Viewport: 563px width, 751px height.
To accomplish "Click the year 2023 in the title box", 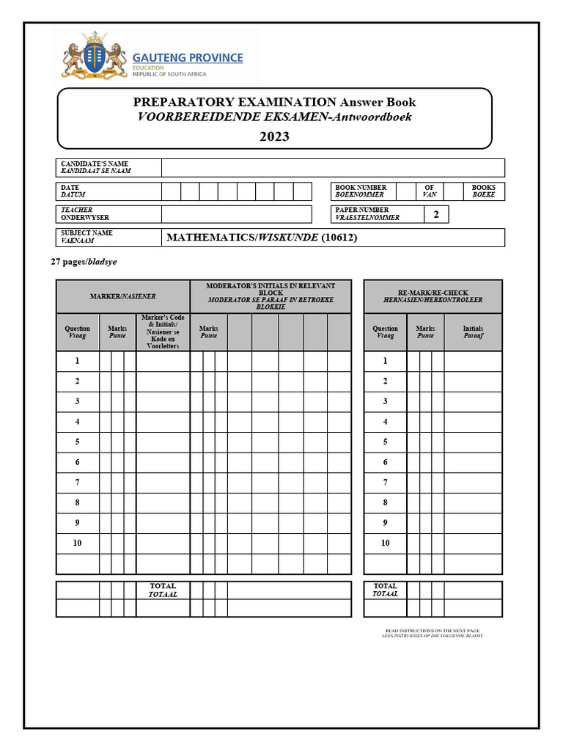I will pos(274,136).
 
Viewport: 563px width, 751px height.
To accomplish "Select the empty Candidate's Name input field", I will pos(333,168).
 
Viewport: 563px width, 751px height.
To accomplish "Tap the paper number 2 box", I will pos(436,214).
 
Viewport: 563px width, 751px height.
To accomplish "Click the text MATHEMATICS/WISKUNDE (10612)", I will pos(262,238).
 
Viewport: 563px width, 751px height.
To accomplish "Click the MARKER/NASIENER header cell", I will pos(122,296).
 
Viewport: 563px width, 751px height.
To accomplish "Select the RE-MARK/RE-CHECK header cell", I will pos(433,296).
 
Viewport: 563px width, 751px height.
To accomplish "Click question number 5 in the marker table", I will pos(77,442).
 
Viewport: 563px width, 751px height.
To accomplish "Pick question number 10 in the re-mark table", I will pos(385,543).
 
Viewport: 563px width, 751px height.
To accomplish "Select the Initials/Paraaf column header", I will pos(473,332).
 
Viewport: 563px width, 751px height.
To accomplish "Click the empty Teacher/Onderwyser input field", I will pos(237,214).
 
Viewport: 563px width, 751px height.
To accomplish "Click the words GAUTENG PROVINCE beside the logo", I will pos(188,58).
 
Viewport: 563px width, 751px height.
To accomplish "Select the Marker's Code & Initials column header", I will pos(163,332).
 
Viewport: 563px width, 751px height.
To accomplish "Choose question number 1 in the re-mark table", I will pos(385,362).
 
